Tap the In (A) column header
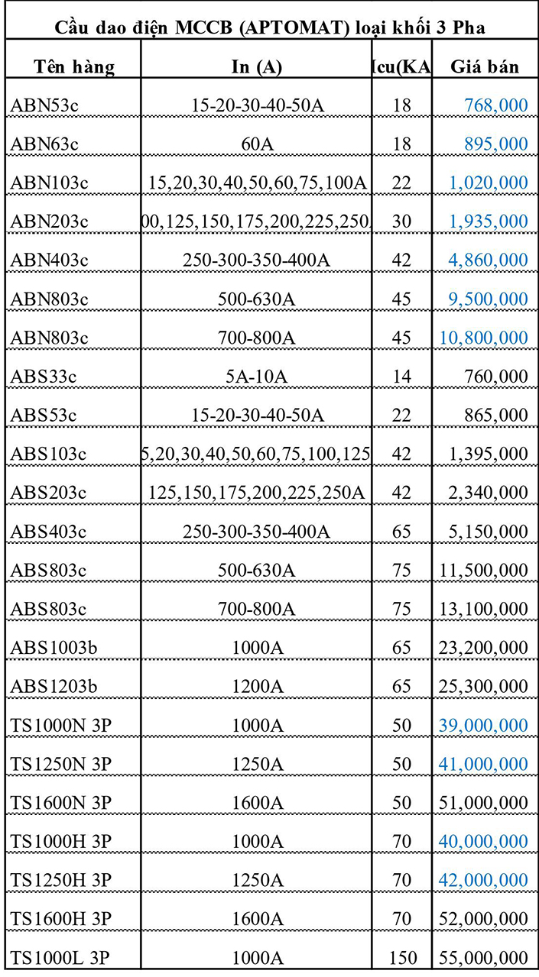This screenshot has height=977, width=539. pos(257,66)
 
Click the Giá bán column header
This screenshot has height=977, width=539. pos(484,66)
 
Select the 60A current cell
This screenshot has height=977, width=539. pos(257,144)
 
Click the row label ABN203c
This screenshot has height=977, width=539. pos(49,222)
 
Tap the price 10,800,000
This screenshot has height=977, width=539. pos(483,338)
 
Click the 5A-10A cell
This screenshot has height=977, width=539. pos(257,376)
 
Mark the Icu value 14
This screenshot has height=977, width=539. pos(401,376)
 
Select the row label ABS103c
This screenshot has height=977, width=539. pos(48,454)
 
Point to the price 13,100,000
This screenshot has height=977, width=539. pos(483,609)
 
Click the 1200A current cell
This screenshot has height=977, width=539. pos(257,686)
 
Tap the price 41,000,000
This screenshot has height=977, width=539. pos(483,764)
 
